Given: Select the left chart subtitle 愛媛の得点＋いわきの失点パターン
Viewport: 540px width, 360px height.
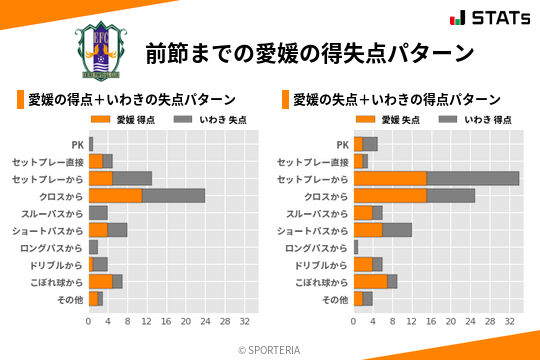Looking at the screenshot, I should coord(131,99).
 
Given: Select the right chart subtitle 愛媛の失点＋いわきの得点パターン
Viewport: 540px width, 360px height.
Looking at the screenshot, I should coord(396,99).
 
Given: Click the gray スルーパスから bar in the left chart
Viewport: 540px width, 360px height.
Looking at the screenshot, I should coord(98,213).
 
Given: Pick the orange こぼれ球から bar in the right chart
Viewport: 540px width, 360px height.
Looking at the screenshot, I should coord(371,281).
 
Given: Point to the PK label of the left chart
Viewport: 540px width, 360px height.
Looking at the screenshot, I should coord(77,144).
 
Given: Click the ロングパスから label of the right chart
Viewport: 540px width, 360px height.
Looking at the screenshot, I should coord(317,247).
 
